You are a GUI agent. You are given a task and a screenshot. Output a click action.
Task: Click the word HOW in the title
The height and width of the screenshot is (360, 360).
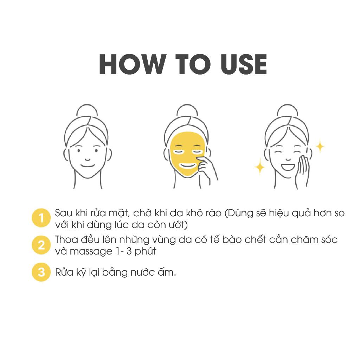point(133,64)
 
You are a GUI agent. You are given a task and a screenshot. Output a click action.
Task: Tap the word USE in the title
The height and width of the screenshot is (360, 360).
point(244,64)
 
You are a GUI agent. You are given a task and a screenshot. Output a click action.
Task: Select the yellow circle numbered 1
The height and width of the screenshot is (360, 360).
point(41,218)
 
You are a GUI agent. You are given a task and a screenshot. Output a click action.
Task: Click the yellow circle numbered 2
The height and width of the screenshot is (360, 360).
point(41,245)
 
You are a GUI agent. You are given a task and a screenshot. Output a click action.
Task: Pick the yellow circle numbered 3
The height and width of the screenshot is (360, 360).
point(41,272)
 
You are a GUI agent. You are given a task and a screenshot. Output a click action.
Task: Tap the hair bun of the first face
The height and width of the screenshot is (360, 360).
point(87,111)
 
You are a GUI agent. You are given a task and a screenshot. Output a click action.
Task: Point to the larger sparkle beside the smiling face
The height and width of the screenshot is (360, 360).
point(260,166)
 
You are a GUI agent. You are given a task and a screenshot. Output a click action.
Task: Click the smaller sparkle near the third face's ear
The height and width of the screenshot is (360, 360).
point(320,146)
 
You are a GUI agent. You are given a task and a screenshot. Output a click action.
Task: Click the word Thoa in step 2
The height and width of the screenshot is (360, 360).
point(65,239)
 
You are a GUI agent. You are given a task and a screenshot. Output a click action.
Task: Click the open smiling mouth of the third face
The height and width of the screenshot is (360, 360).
point(288,167)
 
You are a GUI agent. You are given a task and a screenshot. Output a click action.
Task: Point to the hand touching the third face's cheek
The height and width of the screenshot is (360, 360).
point(303,171)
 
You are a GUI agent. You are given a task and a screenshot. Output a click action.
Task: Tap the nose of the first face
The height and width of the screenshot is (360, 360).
point(87,159)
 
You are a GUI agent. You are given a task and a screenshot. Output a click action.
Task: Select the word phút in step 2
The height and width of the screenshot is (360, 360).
point(145,251)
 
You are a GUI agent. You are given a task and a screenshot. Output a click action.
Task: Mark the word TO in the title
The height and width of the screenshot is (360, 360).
point(193,64)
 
